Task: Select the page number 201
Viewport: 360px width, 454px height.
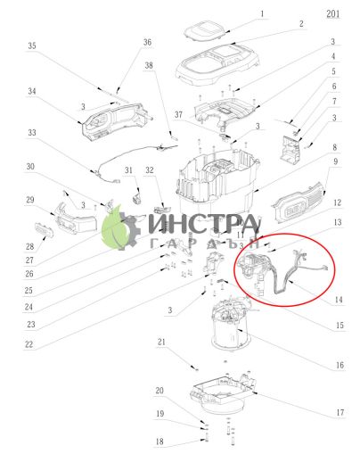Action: [x=333, y=14]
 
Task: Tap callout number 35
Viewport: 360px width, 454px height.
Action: [x=33, y=45]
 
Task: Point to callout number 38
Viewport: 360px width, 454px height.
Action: [x=150, y=65]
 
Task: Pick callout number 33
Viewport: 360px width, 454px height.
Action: [x=32, y=133]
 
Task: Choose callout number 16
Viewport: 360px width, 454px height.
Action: [x=340, y=364]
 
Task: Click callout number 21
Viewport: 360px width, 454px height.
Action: [x=162, y=343]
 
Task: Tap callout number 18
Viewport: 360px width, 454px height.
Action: [x=160, y=442]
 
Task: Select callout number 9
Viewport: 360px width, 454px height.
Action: [x=335, y=161]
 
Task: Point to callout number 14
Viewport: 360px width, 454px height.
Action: [x=339, y=300]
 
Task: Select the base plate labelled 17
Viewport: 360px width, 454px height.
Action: [x=223, y=392]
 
